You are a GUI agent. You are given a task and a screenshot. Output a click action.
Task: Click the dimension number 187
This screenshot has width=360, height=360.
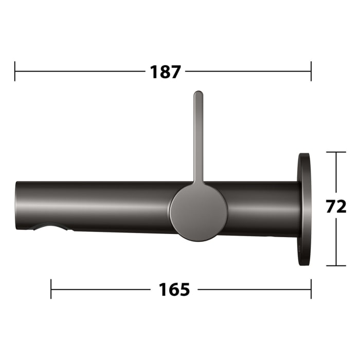click(x=166, y=72)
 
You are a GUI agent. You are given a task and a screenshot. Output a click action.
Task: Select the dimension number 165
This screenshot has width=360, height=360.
click(x=174, y=290)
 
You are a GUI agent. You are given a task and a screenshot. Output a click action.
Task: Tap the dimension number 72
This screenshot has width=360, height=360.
click(x=336, y=207)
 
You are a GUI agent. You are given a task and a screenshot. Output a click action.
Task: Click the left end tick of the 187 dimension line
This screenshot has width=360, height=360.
click(x=15, y=71)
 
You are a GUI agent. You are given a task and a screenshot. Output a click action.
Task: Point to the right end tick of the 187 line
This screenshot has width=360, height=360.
click(x=311, y=71)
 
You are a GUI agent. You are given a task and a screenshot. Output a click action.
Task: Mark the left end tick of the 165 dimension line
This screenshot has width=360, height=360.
click(x=51, y=289)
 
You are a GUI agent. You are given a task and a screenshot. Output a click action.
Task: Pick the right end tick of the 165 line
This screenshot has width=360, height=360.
click(x=311, y=289)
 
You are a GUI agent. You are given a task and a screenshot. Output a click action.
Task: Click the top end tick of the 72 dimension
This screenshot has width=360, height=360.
click(x=336, y=152)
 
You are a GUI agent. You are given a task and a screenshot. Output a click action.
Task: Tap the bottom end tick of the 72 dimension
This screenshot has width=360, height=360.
click(x=336, y=265)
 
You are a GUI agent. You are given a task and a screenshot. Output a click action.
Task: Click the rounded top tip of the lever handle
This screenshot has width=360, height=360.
click(x=198, y=94)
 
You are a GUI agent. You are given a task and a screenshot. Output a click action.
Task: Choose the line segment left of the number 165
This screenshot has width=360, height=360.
click(x=101, y=289)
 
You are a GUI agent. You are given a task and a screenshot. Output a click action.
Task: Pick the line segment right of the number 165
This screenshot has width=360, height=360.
click(x=254, y=289)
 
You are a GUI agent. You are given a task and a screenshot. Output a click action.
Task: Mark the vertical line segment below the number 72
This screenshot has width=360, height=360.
click(x=336, y=242)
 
